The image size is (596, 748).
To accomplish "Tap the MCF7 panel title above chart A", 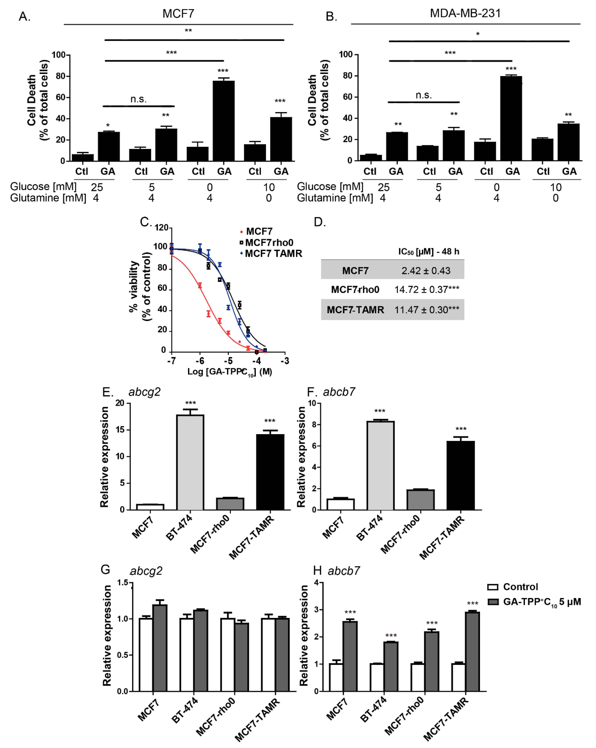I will pos(178,14).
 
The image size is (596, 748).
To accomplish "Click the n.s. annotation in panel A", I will pos(139,100).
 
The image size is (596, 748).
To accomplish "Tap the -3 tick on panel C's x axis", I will pos(285,361).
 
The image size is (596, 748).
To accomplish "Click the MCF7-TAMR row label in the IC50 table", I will pos(355,310).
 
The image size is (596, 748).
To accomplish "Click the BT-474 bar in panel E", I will pos(190,462).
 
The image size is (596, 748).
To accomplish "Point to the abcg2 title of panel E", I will pos(144,392).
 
